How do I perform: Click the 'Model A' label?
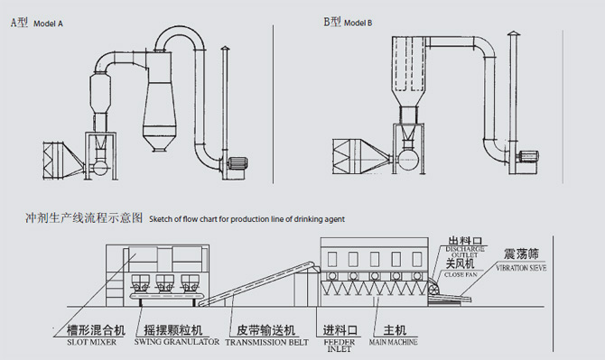click(48, 23)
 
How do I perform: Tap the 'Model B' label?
click(358, 23)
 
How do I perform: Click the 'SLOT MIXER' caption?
click(91, 342)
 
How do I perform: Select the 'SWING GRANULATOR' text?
click(177, 341)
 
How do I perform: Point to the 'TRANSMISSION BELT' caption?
click(267, 342)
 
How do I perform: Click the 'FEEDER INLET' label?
click(340, 346)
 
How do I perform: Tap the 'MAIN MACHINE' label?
click(393, 342)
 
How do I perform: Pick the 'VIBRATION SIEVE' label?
click(521, 267)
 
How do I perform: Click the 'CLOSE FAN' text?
click(461, 275)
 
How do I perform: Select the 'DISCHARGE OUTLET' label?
click(465, 252)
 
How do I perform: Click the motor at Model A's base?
click(237, 163)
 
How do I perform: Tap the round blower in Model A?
click(100, 168)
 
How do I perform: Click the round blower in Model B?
click(408, 159)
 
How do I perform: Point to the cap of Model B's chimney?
click(513, 34)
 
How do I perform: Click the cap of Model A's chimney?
click(225, 49)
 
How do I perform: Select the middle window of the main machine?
click(374, 260)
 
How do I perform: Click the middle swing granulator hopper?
click(164, 283)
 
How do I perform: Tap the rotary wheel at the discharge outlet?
click(434, 291)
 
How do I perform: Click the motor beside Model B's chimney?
click(529, 157)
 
